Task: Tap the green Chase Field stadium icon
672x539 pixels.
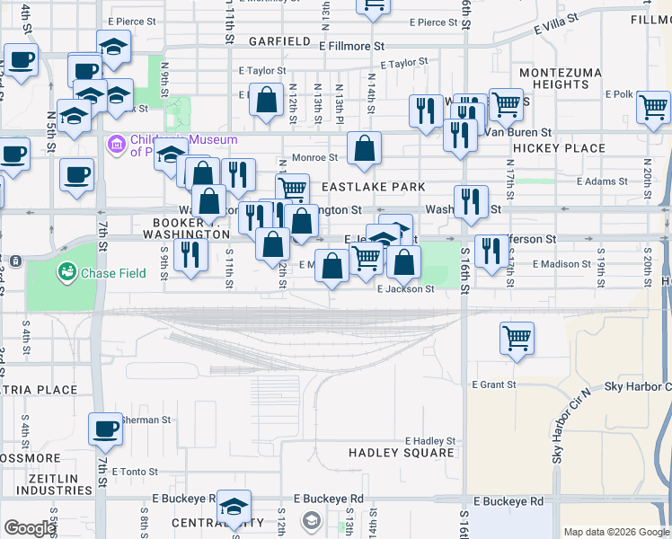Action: [x=66, y=270]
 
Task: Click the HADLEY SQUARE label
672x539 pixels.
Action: [x=402, y=453]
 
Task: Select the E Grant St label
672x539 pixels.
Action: [x=494, y=384]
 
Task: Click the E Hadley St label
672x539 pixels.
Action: [x=430, y=441]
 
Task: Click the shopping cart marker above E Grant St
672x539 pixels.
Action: [x=517, y=339]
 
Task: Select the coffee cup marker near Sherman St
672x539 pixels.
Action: [x=105, y=429]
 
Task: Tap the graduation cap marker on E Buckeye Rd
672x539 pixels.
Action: [x=234, y=507]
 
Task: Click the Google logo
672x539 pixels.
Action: [x=29, y=528]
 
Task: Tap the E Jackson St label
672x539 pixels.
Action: [x=406, y=289]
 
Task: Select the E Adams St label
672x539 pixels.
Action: [x=601, y=181]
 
